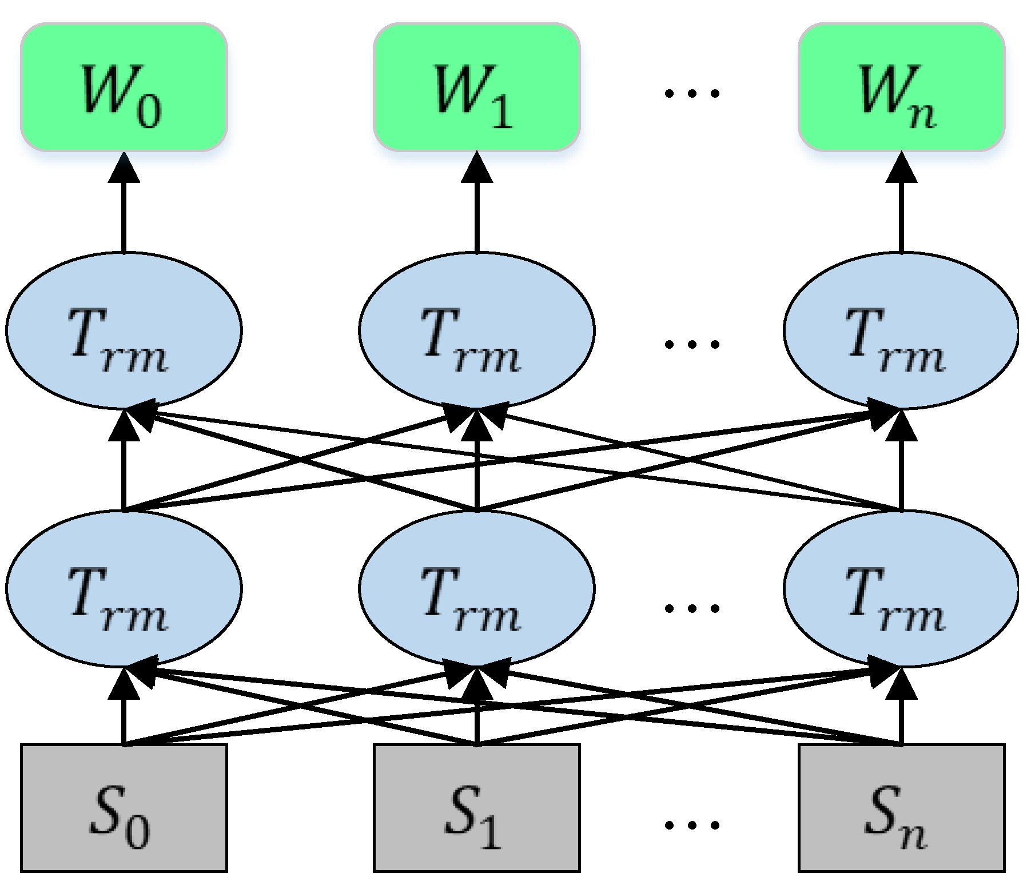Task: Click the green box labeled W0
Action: coord(124,87)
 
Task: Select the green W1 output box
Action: coord(476,87)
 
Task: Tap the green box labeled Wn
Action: coord(901,87)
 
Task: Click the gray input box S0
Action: coord(124,808)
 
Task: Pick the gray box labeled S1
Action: coord(476,808)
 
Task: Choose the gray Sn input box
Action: coord(901,808)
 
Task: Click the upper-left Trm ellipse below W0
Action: coord(124,330)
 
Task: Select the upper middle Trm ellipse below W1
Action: coord(476,330)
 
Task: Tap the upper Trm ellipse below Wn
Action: coord(901,330)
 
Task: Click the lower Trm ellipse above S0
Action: coord(124,589)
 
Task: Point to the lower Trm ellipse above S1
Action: coord(476,589)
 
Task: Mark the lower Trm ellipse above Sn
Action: coord(901,589)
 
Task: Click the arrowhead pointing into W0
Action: coord(124,168)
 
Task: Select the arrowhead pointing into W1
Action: coord(477,168)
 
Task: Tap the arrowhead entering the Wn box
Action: coord(902,168)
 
